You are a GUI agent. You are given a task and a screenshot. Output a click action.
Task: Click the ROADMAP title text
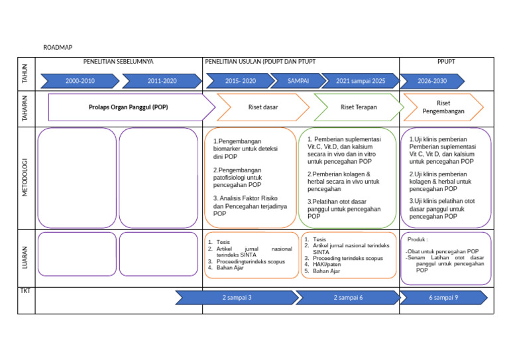click(x=58, y=48)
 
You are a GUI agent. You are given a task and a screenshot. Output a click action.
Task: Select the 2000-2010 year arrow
click(x=80, y=81)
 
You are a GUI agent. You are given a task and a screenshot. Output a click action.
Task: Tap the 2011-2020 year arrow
click(x=162, y=81)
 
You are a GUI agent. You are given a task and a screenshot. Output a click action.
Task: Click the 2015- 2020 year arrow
click(x=240, y=81)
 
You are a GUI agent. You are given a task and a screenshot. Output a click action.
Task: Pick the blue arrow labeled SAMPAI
click(x=298, y=81)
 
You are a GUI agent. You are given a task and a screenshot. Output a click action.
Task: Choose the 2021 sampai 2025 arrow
click(x=360, y=81)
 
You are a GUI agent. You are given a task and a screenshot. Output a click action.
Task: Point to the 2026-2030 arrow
click(x=432, y=81)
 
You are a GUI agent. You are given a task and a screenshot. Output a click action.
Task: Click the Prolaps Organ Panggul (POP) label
click(x=128, y=107)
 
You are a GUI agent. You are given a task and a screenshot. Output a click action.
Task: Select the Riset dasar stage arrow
click(x=262, y=107)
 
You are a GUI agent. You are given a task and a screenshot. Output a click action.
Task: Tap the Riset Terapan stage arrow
click(x=358, y=107)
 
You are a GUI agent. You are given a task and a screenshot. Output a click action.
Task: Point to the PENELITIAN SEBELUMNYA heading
click(x=118, y=62)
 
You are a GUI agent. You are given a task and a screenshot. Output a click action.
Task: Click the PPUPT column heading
click(x=446, y=62)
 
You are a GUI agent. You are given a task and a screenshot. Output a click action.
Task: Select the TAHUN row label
click(x=25, y=73)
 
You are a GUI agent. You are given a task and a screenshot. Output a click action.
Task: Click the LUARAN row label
click(x=25, y=258)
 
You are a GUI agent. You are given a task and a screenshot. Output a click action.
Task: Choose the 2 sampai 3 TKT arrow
click(x=237, y=298)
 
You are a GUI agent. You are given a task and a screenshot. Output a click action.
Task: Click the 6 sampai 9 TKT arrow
click(x=443, y=298)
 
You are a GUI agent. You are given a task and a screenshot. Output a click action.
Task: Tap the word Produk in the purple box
click(x=418, y=239)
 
